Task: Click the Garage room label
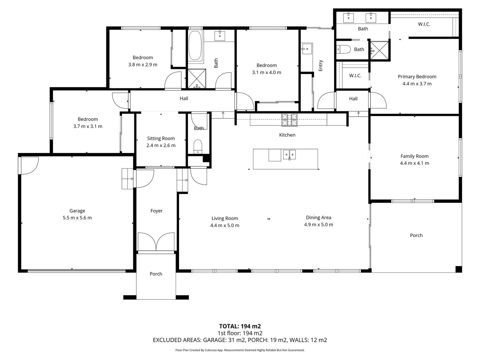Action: click(77, 211)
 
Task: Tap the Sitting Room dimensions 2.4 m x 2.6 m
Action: click(161, 145)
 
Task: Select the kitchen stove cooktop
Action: click(289, 120)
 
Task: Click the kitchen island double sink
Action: click(289, 155)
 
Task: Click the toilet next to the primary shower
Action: click(343, 50)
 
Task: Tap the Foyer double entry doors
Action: click(156, 242)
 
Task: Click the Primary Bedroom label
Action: click(417, 77)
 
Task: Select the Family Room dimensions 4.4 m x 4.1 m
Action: click(414, 163)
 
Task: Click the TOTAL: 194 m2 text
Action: click(240, 326)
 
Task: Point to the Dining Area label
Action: click(318, 217)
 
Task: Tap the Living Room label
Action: click(225, 218)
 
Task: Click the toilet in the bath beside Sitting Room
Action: click(198, 146)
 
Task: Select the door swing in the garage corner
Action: click(29, 165)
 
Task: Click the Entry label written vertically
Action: click(321, 66)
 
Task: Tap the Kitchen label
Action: click(287, 135)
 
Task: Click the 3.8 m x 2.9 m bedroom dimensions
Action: click(143, 65)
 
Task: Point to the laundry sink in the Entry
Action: click(306, 49)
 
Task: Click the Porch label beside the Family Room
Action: click(416, 235)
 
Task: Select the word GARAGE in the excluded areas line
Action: click(211, 340)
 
